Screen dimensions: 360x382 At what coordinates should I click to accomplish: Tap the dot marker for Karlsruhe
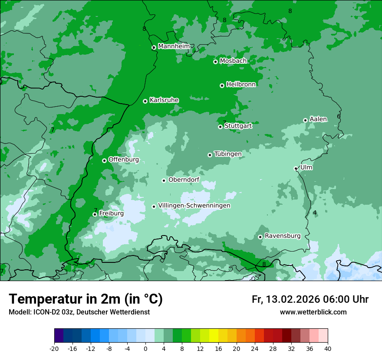145,101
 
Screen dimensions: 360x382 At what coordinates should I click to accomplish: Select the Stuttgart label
238,126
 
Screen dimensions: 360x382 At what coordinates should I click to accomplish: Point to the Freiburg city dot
95,214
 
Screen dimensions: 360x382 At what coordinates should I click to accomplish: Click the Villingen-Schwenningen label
194,206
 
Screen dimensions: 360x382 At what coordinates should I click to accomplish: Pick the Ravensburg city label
282,236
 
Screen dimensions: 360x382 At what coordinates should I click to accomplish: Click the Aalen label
318,119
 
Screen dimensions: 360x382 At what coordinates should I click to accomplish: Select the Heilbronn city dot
222,85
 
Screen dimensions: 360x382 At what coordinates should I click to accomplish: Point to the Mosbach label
233,61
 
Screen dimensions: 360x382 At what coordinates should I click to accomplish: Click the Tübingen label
227,154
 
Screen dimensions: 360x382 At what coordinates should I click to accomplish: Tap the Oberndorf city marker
164,180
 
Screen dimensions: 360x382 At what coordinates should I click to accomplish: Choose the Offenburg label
123,160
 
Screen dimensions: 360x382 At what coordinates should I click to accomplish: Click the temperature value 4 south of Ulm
315,213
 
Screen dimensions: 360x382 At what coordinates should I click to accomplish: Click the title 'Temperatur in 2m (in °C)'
86,299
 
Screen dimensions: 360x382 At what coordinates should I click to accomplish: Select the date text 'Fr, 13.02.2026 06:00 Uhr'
310,299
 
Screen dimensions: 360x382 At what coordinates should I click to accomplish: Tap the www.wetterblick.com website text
313,312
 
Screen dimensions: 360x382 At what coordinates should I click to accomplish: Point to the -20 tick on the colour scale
54,348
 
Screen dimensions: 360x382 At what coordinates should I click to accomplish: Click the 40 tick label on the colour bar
327,348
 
